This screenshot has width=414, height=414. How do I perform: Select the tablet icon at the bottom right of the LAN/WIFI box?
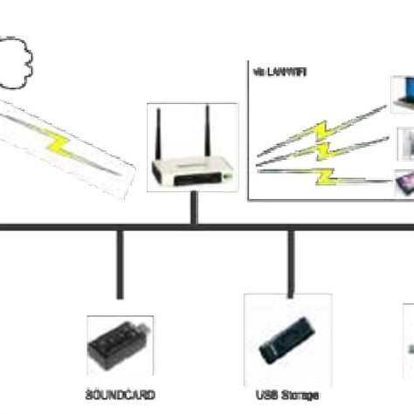404,181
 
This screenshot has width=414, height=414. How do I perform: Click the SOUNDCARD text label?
120,395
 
